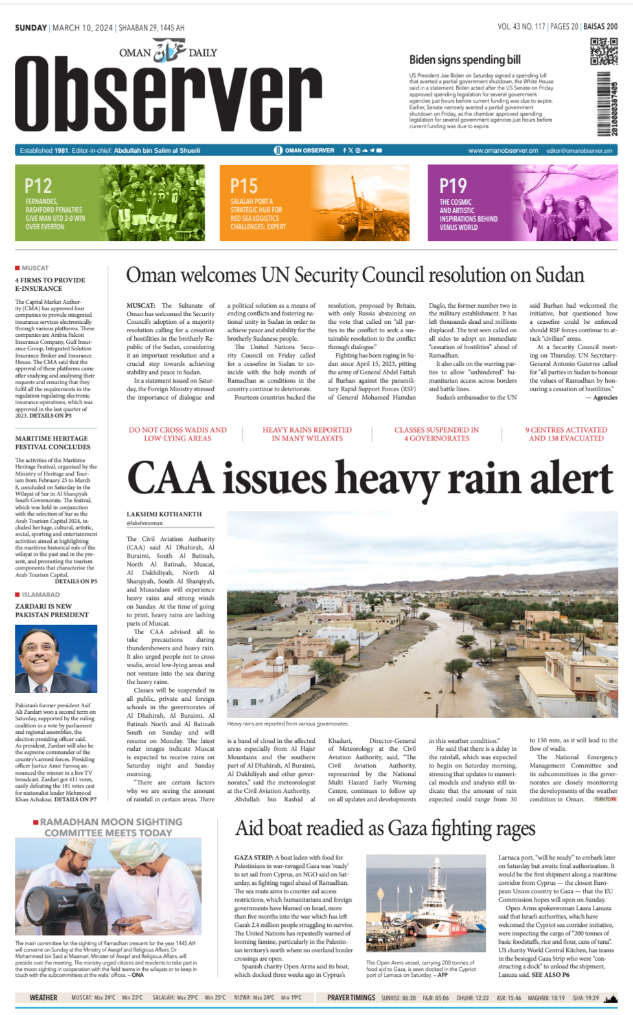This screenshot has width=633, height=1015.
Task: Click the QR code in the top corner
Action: (604, 51)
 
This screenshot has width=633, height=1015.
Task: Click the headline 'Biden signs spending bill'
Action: (465, 60)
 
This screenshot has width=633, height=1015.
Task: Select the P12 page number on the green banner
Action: (38, 187)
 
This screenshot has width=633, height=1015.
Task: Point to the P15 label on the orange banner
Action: (244, 187)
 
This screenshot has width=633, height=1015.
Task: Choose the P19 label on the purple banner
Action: (453, 187)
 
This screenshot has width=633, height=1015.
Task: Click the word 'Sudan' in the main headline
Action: (560, 275)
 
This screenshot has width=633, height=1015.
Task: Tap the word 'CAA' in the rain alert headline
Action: (170, 479)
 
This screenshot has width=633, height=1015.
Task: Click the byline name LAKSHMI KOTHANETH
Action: (164, 514)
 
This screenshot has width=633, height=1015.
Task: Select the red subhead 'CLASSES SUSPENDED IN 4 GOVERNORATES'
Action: (437, 434)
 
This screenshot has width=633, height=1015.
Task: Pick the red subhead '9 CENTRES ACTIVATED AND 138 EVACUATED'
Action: (566, 434)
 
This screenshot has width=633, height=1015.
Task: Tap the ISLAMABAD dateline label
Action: (41, 595)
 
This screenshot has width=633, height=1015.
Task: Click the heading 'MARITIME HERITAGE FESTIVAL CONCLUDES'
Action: (52, 443)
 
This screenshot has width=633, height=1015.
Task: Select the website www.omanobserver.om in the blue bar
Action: (503, 150)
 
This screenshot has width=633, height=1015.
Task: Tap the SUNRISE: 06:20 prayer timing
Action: (398, 998)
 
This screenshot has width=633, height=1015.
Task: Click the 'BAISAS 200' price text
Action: (600, 27)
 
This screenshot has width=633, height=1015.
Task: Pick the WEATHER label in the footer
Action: (43, 998)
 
